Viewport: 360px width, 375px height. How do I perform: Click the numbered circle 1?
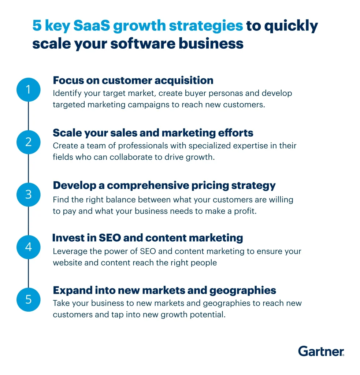pyautogui.click(x=29, y=90)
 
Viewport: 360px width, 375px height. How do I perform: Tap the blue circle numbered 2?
pyautogui.click(x=29, y=142)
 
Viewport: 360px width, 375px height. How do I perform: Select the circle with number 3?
pyautogui.click(x=29, y=194)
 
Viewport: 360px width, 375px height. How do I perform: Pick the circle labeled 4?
pyautogui.click(x=29, y=247)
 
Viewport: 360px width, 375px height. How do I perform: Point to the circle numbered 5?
pyautogui.click(x=29, y=300)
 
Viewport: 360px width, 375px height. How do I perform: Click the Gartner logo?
pyautogui.click(x=321, y=351)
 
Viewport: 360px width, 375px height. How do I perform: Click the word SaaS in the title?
pyautogui.click(x=92, y=25)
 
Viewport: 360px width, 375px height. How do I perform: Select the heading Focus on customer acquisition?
pyautogui.click(x=133, y=80)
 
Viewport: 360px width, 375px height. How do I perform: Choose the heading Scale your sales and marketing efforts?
pyautogui.click(x=153, y=133)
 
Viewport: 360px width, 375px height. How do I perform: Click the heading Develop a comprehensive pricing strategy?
pyautogui.click(x=164, y=186)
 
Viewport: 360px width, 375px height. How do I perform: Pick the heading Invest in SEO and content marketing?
pyautogui.click(x=148, y=238)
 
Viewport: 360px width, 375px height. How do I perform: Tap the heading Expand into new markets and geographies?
pyautogui.click(x=164, y=290)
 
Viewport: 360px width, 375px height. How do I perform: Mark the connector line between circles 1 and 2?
pyautogui.click(x=29, y=116)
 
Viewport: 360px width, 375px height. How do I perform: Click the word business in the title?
pyautogui.click(x=211, y=44)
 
